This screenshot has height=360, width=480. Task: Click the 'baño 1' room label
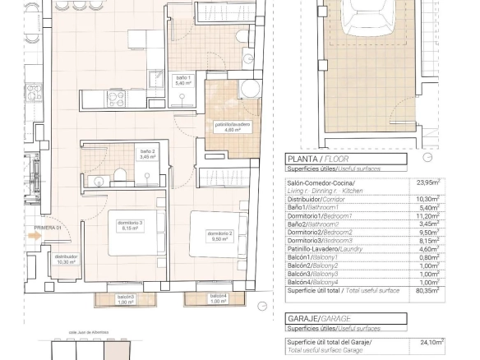click(x=182, y=80)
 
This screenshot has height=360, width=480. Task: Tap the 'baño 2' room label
click(x=147, y=154)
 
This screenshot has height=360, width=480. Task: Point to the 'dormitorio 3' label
click(x=130, y=225)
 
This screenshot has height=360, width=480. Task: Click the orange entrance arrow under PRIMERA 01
click(x=34, y=235)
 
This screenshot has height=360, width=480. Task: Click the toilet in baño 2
click(x=119, y=173)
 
